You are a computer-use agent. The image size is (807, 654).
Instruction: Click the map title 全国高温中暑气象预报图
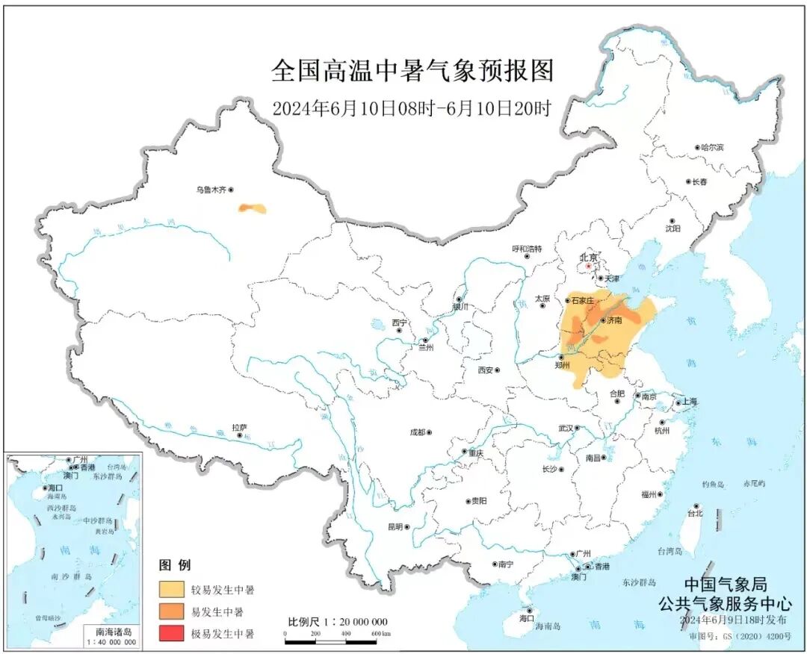pos(412,72)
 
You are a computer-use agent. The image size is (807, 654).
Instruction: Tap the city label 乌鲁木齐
pos(210,190)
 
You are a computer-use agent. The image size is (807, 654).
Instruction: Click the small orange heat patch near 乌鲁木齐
pos(252,208)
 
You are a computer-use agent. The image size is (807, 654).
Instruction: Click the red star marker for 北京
pos(589,266)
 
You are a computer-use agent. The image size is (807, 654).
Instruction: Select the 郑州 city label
pos(563,366)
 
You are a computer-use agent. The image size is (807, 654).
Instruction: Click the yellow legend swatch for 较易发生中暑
pos(173,590)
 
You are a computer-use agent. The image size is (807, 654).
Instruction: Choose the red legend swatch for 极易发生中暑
pos(173,634)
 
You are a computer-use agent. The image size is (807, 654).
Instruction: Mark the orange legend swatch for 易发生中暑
pos(173,612)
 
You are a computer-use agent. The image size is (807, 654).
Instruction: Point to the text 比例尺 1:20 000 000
pos(338,622)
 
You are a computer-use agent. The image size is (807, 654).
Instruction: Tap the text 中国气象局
pos(725,585)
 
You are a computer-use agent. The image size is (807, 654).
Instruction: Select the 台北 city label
pos(695,514)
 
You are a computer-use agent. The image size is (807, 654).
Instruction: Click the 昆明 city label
pos(395,526)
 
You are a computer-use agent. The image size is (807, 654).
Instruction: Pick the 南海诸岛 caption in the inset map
pos(111,631)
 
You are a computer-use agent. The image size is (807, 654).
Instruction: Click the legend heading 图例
pos(175,565)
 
